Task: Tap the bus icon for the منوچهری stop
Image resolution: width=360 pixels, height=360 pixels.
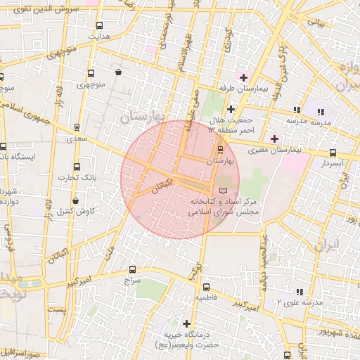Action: coord(91,72)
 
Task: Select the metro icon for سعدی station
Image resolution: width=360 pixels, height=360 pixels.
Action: coord(76,127)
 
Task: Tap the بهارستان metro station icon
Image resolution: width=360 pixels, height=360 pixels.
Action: coord(220,150)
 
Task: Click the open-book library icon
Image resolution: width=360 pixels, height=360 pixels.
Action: coord(224,190)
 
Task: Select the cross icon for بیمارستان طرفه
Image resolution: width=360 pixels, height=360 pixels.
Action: coord(243,77)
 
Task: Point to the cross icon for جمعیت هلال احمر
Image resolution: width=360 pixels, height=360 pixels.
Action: coord(231,109)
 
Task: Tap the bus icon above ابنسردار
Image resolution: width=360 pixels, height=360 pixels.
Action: coord(333,153)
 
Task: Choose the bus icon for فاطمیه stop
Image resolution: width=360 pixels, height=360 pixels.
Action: coord(206,287)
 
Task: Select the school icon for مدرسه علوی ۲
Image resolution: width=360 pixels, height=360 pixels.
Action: coord(300,291)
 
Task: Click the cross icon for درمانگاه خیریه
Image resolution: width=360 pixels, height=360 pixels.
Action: coord(186,323)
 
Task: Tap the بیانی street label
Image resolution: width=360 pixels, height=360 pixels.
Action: coord(318,22)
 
